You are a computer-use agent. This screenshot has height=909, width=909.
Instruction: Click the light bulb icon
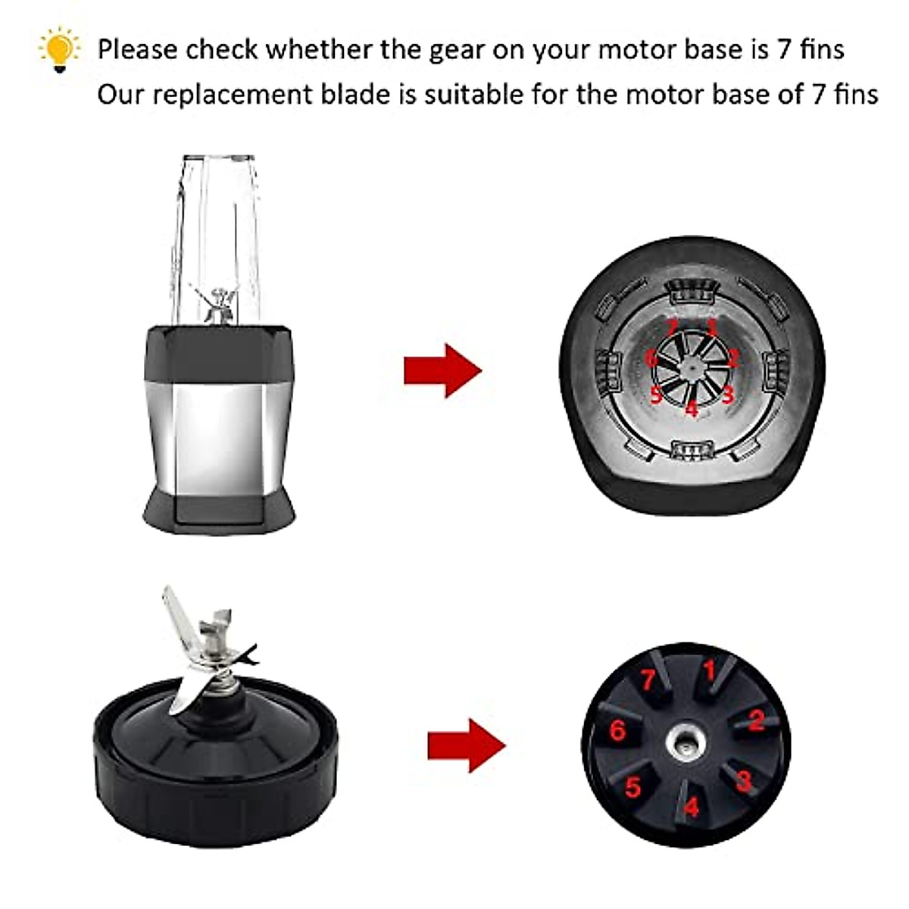point(59,50)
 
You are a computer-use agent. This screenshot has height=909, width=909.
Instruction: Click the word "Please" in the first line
point(139,50)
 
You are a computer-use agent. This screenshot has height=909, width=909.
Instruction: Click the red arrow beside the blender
point(442,370)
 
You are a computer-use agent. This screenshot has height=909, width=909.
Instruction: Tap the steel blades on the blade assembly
point(205,651)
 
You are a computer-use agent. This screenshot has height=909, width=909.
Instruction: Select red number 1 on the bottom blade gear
point(710,671)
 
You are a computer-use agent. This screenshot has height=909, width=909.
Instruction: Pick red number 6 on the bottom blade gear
point(618,731)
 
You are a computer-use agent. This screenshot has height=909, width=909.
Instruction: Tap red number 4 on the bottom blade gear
point(691,807)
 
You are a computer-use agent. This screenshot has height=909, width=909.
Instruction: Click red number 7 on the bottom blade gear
point(648,679)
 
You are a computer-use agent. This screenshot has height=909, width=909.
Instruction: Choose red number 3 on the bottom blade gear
point(743,780)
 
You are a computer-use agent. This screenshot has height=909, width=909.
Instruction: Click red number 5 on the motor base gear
point(655,394)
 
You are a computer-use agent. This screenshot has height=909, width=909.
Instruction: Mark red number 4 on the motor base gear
point(691,410)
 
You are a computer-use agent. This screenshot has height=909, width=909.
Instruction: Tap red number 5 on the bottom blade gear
point(633,788)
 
